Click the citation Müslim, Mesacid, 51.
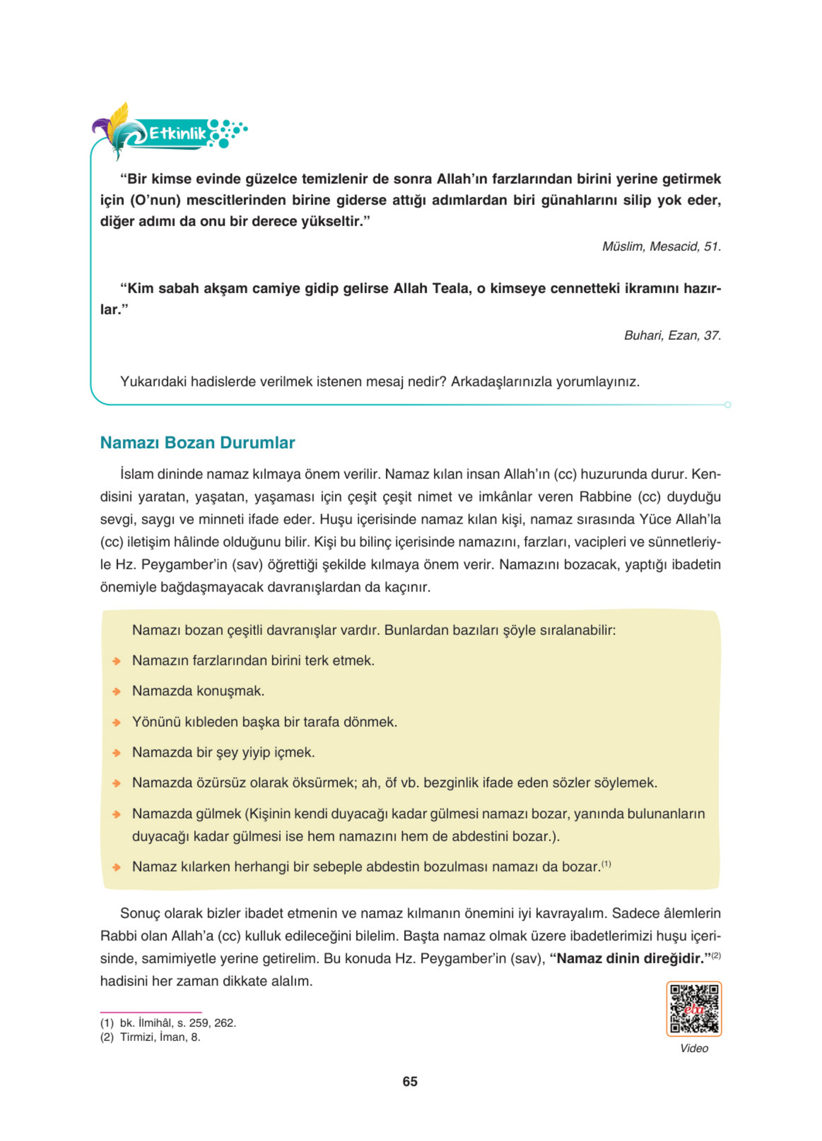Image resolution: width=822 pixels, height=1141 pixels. pos(661,247)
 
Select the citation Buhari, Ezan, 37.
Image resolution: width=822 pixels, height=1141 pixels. pos(672,336)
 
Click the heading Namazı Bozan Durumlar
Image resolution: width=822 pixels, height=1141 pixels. pos(197,443)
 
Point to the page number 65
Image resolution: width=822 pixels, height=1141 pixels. pos(410,1081)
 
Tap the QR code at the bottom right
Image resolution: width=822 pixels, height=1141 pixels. pos(694,1009)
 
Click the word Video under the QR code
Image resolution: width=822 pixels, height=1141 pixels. pos(694,1048)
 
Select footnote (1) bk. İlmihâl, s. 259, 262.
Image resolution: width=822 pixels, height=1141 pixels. pos(168,1023)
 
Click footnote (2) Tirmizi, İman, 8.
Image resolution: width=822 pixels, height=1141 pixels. pos(150,1037)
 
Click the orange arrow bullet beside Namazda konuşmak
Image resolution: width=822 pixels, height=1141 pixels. pos(116,692)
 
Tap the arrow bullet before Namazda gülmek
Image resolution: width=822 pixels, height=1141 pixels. pos(116,814)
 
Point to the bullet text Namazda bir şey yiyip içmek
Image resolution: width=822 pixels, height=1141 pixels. pos(223,752)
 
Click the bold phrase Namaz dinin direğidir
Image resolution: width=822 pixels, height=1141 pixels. pos(629,958)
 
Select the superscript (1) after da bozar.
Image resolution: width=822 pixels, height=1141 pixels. pos(606,864)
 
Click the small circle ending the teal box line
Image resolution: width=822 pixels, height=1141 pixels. pos(727,405)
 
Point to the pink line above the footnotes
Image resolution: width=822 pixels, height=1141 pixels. pos(151,1012)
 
